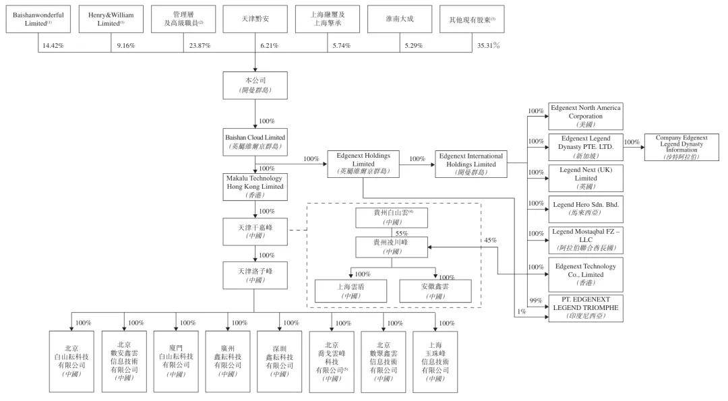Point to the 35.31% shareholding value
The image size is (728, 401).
click(487, 46)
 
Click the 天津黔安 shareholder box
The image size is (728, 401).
click(255, 19)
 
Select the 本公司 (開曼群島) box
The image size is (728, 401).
click(255, 84)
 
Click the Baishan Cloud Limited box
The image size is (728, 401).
click(255, 141)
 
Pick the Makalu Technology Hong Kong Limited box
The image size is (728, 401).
click(255, 186)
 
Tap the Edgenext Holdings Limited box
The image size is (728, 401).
click(363, 163)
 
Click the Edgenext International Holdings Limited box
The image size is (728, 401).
click(470, 163)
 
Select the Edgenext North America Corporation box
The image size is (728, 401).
click(585, 116)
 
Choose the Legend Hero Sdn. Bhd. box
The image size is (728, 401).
click(585, 207)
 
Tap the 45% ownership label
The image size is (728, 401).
click(490, 240)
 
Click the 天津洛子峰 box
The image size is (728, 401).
click(255, 275)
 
